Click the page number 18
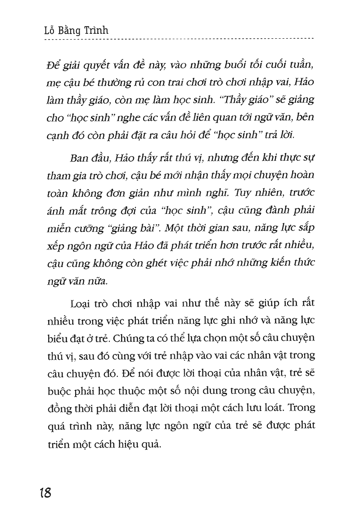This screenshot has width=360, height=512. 45,492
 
